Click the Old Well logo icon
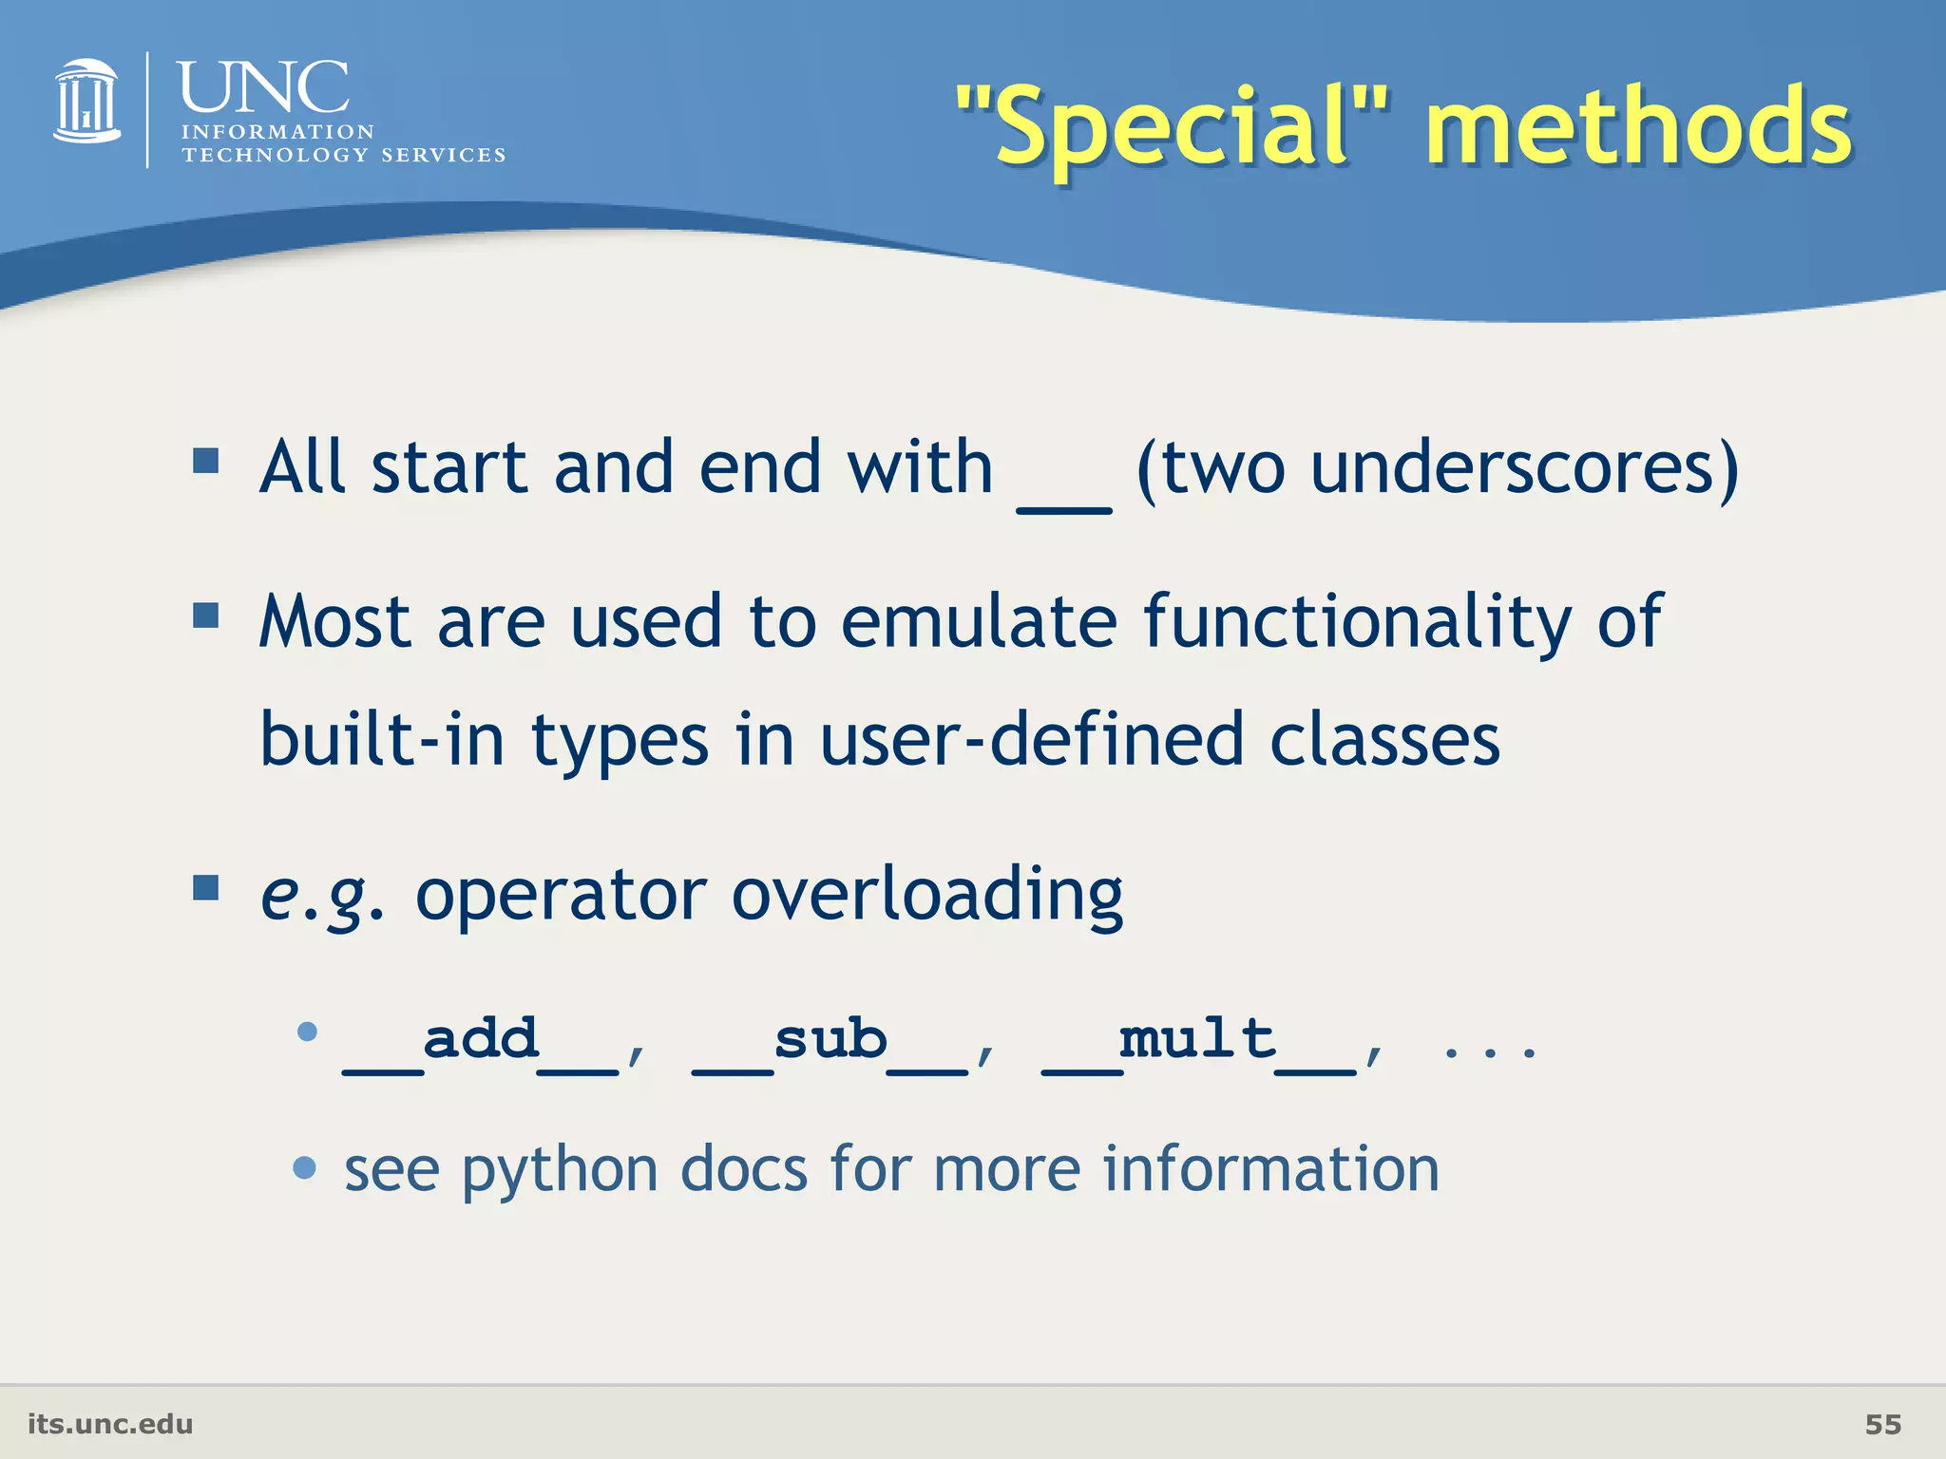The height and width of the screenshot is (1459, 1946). point(87,103)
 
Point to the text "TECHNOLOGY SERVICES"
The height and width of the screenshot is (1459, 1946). point(343,155)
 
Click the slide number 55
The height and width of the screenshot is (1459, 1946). point(1882,1424)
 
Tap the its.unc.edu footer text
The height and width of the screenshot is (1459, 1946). point(110,1424)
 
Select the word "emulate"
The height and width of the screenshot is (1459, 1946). point(979,621)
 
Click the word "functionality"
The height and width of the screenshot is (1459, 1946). point(1357,621)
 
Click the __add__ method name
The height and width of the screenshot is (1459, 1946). point(481,1042)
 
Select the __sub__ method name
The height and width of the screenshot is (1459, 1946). point(830,1042)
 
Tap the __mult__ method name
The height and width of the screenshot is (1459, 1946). point(1198,1042)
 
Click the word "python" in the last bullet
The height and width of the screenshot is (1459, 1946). point(560,1169)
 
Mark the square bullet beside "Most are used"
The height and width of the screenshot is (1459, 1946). point(205,616)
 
